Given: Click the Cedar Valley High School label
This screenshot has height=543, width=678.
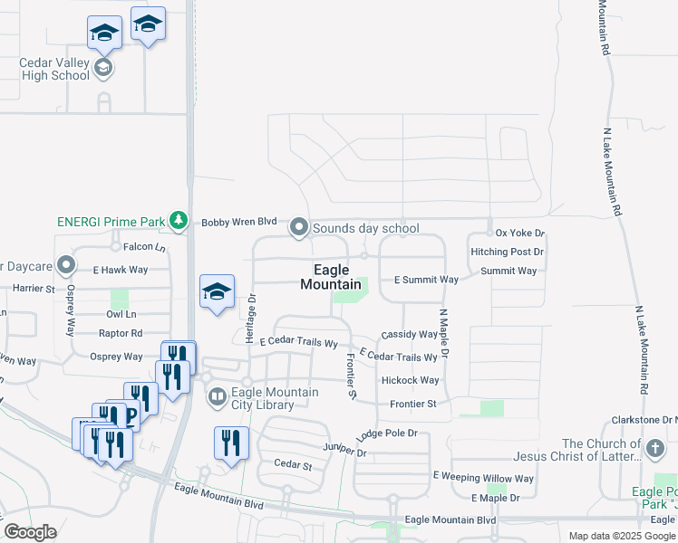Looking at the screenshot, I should coord(54,70).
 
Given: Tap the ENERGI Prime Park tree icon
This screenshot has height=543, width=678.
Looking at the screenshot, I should coord(180,220).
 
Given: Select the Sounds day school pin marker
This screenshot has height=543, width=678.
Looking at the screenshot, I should coord(299,228).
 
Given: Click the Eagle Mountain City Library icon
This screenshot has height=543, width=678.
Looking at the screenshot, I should coord(218,395).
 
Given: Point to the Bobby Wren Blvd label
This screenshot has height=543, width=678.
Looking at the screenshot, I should coord(238,222).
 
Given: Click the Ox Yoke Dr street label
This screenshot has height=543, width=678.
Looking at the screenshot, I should coord(520,233).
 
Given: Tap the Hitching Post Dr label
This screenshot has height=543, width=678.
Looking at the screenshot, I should coord(507,252).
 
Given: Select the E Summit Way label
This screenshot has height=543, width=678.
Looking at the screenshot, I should coord(426,281).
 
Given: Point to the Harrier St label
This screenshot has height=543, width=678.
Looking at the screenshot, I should coord(34,289).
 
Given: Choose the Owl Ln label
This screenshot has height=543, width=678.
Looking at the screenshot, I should coord(121,314).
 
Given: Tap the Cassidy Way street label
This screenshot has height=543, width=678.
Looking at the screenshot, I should coord(410,335).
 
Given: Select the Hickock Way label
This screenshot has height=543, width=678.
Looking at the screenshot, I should coord(410,380).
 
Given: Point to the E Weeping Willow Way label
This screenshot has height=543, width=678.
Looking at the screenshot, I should coord(483,477).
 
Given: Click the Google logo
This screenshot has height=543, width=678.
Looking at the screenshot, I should coord(30,532).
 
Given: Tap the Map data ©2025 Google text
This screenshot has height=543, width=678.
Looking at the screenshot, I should coord(622,536).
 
